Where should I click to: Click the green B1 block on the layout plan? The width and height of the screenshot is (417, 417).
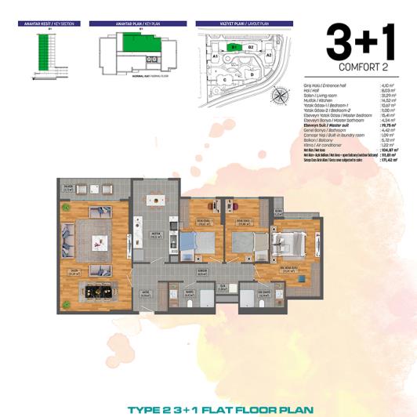click(234, 47)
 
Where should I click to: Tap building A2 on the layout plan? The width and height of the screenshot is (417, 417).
click(268, 56)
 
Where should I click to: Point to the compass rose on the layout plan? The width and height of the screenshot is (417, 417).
click(279, 96)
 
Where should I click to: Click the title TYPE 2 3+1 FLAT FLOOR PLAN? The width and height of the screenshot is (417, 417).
click(208, 408)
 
